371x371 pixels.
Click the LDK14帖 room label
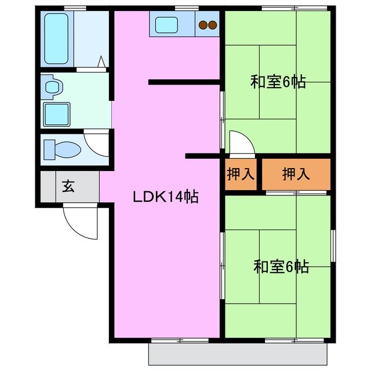(x=166, y=197)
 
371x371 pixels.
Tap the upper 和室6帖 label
(x=278, y=82)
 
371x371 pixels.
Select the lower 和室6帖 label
(x=281, y=267)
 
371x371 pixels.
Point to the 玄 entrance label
(x=68, y=187)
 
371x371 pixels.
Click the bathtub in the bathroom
(x=57, y=38)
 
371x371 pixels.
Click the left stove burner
(x=204, y=25)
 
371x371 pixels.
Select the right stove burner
(x=213, y=25)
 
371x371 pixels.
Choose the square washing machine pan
(x=57, y=114)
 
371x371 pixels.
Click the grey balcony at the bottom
(x=238, y=354)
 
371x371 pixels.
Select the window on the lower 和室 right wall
(x=333, y=246)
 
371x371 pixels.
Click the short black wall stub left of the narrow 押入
(x=203, y=156)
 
